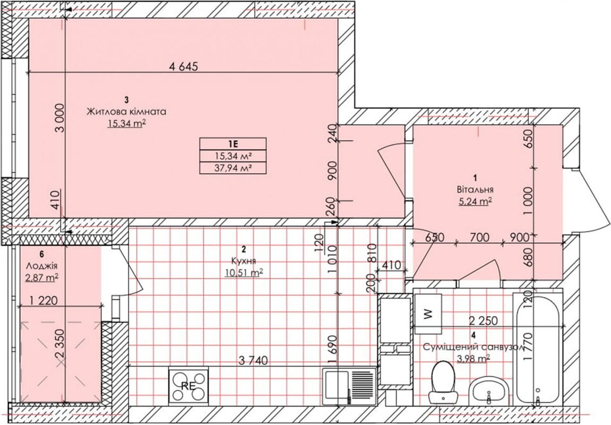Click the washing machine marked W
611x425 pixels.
(427, 314)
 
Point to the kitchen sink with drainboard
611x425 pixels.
(349, 387)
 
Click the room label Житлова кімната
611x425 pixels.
(126, 112)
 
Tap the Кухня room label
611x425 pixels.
(243, 260)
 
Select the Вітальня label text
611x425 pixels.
(475, 190)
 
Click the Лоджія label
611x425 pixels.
(42, 266)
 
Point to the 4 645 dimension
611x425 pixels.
(184, 66)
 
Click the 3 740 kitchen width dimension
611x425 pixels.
(253, 361)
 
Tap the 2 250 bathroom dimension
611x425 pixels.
(483, 320)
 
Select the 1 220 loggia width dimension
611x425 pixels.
(43, 301)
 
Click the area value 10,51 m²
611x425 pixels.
(244, 273)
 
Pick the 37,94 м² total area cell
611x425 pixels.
(233, 168)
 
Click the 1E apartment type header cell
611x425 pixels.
(233, 143)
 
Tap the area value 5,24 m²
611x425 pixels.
(475, 201)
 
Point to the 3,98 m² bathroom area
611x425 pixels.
(474, 358)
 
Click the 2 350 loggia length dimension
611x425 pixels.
(59, 349)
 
